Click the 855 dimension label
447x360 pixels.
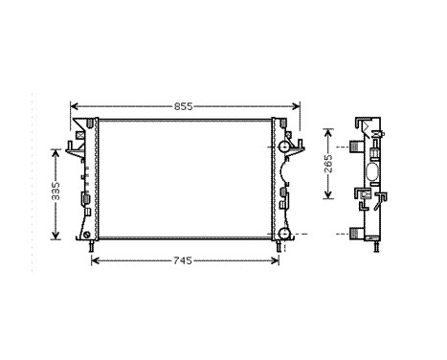click(185, 105)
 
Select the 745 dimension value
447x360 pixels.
click(185, 261)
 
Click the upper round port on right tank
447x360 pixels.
click(284, 146)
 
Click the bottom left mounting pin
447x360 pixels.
click(92, 247)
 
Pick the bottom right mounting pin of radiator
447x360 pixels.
click(279, 247)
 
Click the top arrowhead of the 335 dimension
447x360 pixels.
click(56, 148)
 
